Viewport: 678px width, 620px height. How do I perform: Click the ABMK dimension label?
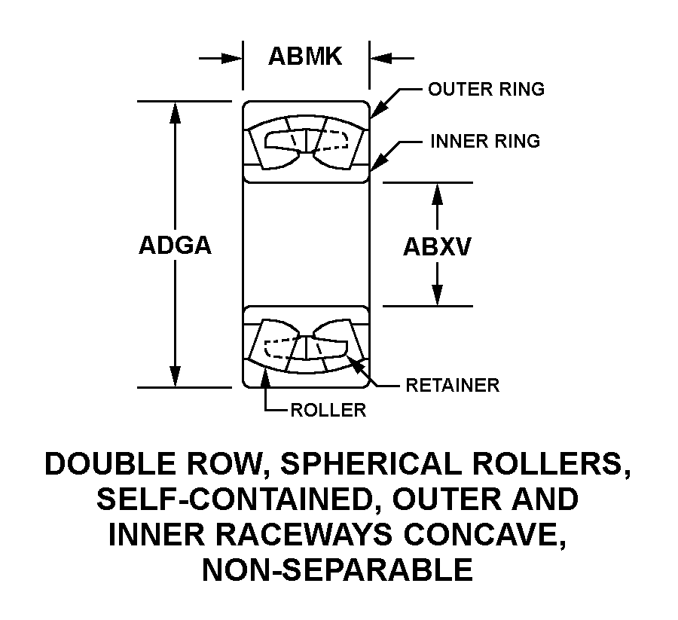(x=305, y=57)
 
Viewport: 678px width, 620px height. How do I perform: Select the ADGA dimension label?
(x=175, y=246)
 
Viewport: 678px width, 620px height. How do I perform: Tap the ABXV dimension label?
(x=437, y=246)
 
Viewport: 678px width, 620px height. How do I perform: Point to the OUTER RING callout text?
(x=486, y=89)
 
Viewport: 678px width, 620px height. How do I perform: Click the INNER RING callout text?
(x=484, y=141)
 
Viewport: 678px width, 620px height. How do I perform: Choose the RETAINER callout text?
(x=452, y=385)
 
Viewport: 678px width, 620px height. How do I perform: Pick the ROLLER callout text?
(x=328, y=410)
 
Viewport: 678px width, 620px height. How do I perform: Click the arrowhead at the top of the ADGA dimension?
(x=176, y=110)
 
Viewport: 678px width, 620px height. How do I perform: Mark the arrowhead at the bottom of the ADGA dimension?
(x=176, y=378)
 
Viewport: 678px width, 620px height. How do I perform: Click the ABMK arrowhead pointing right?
(x=234, y=57)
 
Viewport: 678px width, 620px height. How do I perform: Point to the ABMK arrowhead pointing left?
(x=378, y=57)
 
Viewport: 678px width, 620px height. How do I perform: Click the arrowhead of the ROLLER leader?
(x=265, y=376)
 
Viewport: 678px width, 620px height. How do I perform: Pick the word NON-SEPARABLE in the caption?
(x=337, y=570)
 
